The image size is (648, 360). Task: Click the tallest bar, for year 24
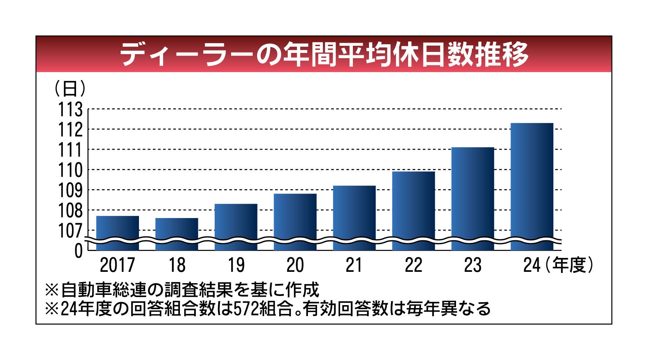[532, 187]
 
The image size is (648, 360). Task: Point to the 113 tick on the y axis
[71, 109]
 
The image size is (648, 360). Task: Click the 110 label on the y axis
[71, 170]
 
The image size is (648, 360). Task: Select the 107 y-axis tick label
[71, 230]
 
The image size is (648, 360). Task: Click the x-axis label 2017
[117, 265]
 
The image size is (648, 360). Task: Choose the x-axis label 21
[354, 265]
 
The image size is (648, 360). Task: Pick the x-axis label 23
[472, 265]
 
